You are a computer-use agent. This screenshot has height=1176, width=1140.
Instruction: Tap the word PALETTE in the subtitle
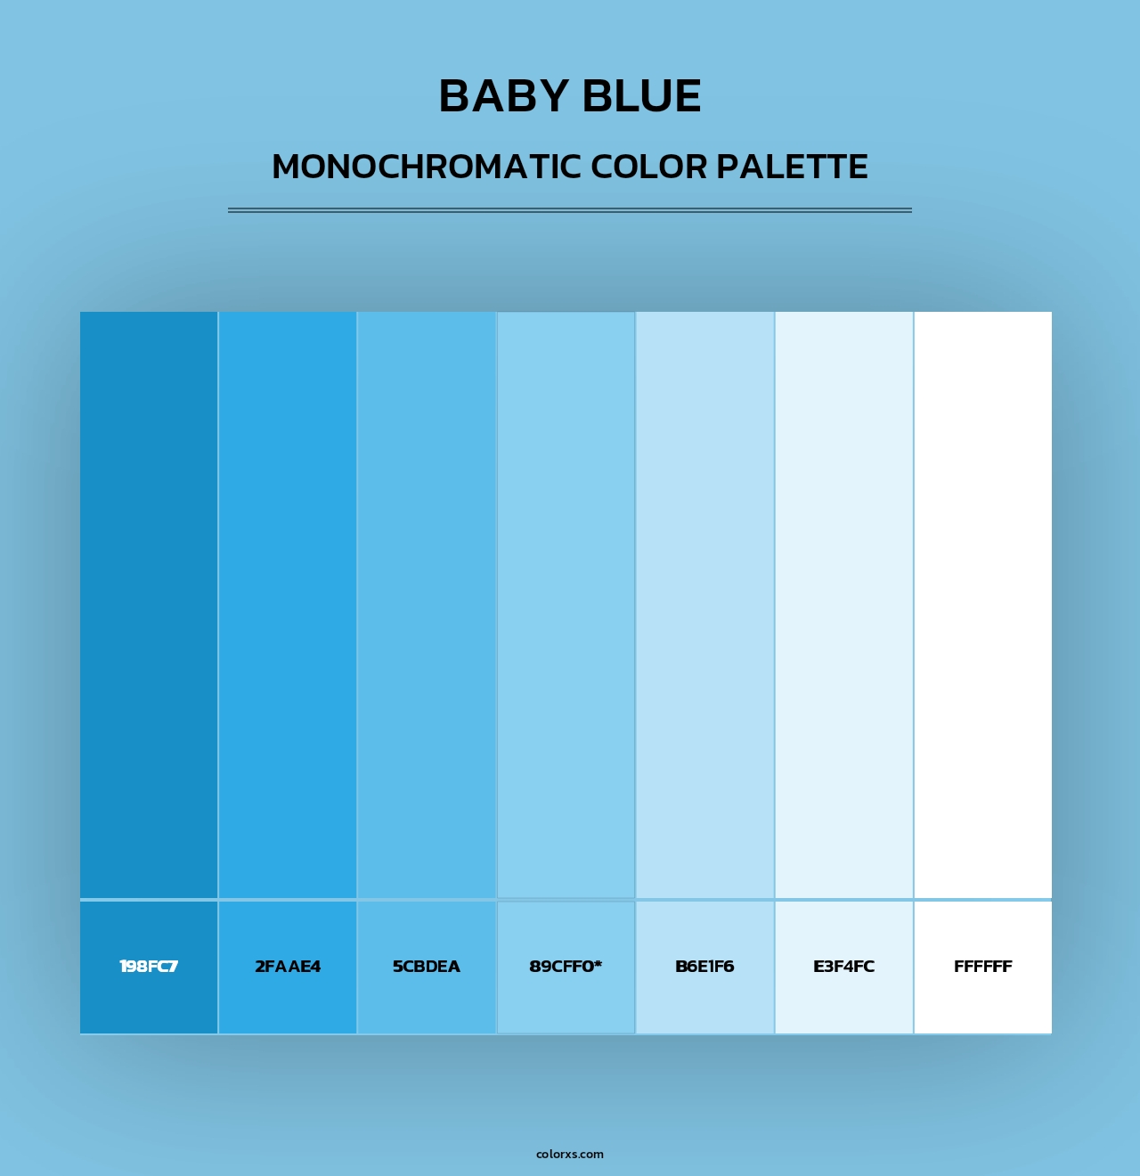coord(792,167)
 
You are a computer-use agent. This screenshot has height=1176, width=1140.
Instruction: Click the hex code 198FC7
coord(149,967)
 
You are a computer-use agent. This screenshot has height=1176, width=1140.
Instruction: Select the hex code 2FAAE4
coord(288,967)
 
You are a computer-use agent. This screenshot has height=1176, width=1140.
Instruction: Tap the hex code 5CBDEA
coord(427,967)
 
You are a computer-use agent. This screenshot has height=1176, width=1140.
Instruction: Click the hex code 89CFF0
coord(561,967)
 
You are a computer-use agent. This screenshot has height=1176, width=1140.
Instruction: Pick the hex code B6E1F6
coord(704,967)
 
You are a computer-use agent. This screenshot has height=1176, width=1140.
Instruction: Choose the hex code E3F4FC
coord(843,967)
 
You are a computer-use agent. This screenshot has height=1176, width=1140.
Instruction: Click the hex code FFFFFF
coord(982,967)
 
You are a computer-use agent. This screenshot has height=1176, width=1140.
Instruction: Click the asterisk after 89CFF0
coord(598,964)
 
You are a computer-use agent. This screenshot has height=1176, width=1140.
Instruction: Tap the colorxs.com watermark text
coord(570,1154)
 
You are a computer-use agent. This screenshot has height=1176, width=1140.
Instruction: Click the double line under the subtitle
coord(570,210)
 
